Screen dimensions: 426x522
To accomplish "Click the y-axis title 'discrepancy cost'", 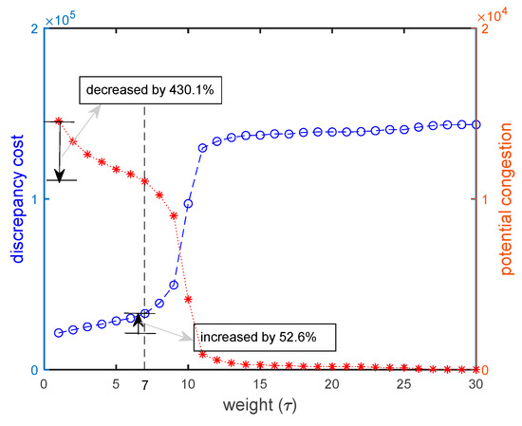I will pos(16,200).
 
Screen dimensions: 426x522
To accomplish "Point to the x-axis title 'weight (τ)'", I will pos(260,409).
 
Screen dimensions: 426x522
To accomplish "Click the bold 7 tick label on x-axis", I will pos(144,388).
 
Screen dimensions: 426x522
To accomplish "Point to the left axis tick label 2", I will pos(35,29).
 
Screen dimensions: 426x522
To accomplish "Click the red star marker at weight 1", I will pos(59,121).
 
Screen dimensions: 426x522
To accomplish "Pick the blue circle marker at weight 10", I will pos(188,204).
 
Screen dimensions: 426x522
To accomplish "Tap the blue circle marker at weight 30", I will pos(475,124).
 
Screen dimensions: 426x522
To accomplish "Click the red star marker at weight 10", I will pos(188,299).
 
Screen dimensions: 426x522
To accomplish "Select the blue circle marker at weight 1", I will pos(59,333).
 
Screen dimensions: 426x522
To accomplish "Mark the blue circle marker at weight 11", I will pos(202,148).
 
